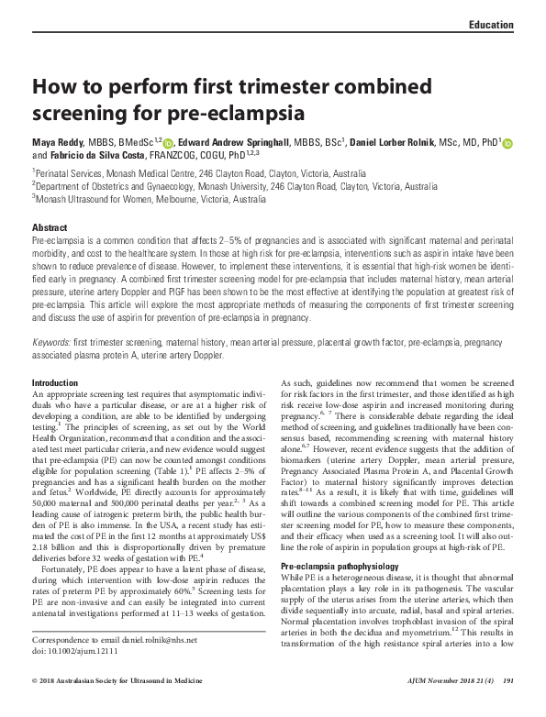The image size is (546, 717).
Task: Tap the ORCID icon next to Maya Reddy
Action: coord(167,143)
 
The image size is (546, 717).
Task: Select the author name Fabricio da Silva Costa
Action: coord(101,155)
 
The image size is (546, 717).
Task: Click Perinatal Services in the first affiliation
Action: coord(68,172)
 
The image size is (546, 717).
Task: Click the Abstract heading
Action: coord(50,226)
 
